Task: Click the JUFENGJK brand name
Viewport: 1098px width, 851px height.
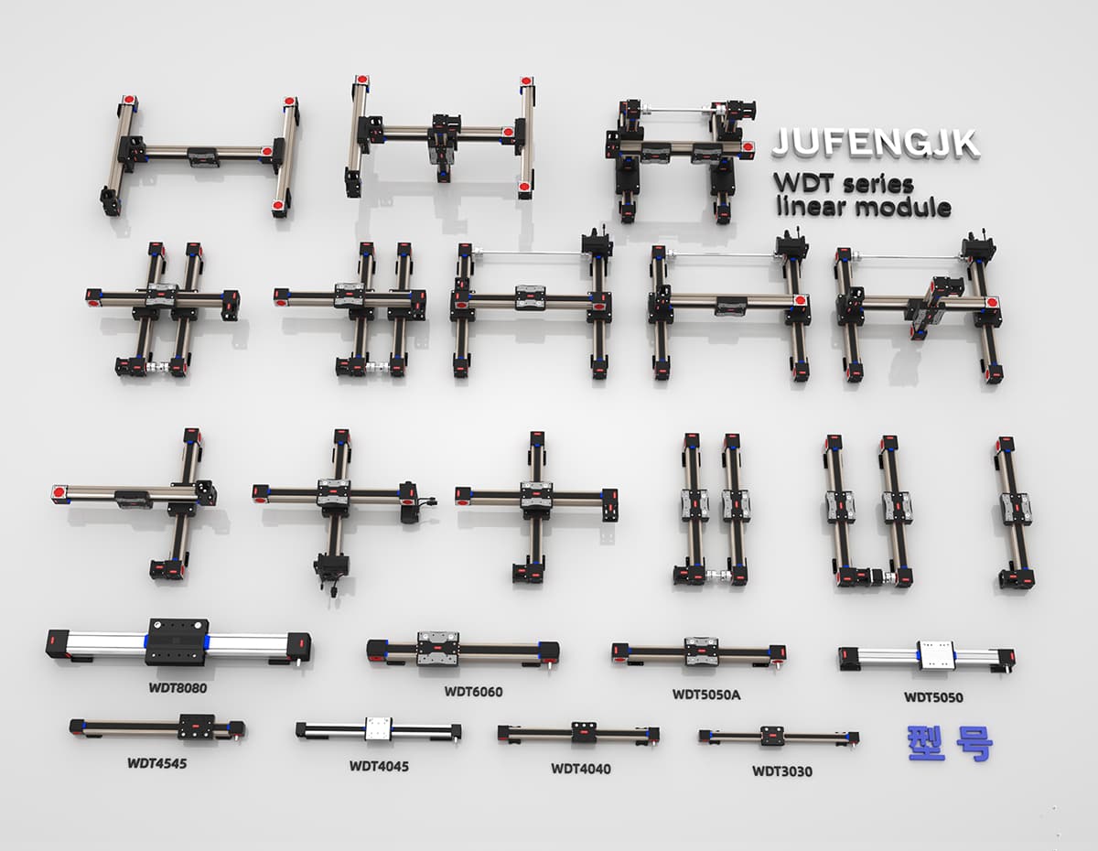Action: [876, 143]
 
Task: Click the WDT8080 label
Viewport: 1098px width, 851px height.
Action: [178, 688]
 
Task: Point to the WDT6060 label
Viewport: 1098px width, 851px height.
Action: [473, 691]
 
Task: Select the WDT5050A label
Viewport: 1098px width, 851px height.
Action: [706, 695]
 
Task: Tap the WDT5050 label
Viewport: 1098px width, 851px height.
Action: [933, 697]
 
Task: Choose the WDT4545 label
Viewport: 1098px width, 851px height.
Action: [157, 763]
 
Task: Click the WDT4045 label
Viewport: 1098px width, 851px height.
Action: [379, 766]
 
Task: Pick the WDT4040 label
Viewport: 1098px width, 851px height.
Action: [581, 769]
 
